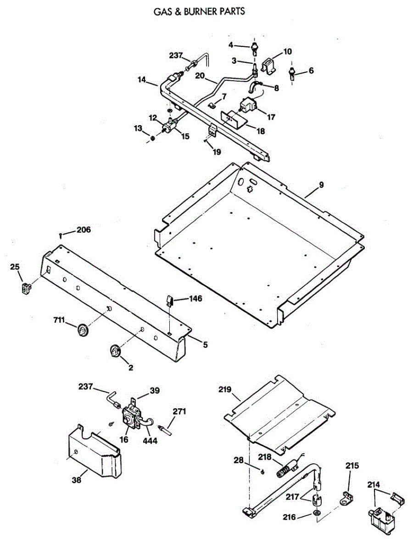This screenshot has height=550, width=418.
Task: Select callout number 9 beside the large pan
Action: pos(321,185)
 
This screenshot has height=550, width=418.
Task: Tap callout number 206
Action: pos(84,230)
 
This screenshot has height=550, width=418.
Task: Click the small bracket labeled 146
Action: pos(169,301)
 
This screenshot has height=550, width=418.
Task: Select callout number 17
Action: pos(271,117)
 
